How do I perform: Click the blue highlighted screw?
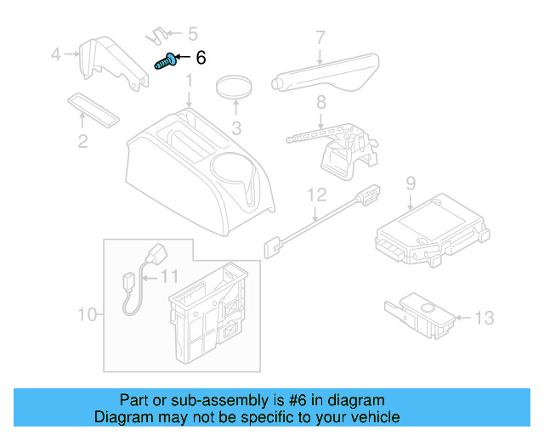[x=166, y=61]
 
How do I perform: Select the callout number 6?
[x=201, y=58]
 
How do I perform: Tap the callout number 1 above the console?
[x=190, y=82]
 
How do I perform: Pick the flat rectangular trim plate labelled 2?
[x=93, y=107]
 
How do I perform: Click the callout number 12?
[x=316, y=195]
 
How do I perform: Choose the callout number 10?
[x=88, y=316]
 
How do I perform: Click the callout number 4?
[x=56, y=54]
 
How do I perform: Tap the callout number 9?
[x=410, y=183]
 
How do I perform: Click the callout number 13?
[x=483, y=319]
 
